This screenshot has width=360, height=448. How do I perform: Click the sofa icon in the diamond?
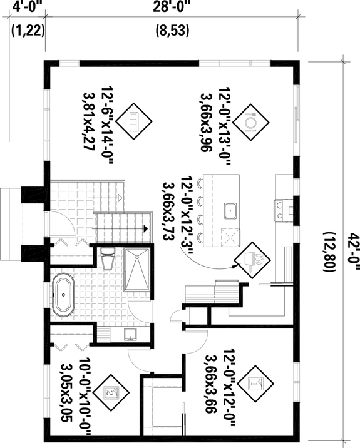pos(133,119)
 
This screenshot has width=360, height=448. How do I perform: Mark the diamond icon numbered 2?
pos(112,392)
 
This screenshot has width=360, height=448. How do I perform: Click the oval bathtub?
pos(64,294)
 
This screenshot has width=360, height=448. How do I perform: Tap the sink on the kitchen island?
pos(230,210)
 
